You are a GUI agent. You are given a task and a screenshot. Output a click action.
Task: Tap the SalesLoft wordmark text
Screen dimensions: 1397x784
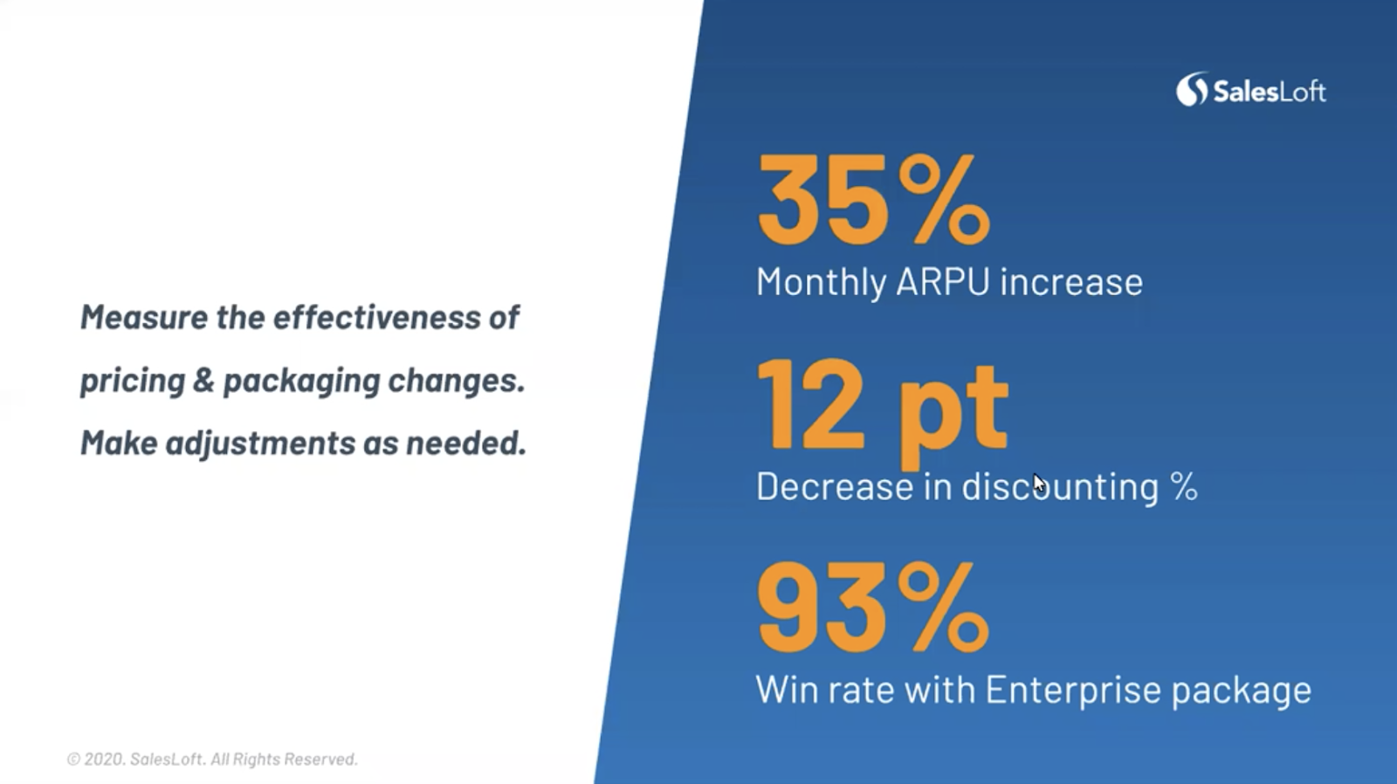coord(1270,93)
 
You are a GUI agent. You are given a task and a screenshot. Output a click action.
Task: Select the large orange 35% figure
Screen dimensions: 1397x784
coord(873,199)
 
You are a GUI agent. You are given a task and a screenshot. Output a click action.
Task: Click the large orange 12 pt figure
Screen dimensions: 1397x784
coord(882,412)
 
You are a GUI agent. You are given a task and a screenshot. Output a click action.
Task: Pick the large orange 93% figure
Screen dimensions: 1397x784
coord(872,606)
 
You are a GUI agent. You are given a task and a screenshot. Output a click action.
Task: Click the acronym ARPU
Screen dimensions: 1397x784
coord(942,282)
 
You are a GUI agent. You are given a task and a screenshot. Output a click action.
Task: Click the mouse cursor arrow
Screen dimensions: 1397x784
coord(1039,484)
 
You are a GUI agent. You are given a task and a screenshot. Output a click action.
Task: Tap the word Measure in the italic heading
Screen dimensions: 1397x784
coord(144,317)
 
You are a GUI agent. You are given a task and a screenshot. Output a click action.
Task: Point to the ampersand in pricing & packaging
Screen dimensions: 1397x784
coord(203,381)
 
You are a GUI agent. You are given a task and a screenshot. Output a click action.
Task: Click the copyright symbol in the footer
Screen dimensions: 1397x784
coord(73,759)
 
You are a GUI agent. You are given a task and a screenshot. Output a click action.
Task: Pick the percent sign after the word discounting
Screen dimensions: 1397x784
coord(1184,486)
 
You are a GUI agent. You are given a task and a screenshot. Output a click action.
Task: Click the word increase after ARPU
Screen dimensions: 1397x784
coord(1071,282)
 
